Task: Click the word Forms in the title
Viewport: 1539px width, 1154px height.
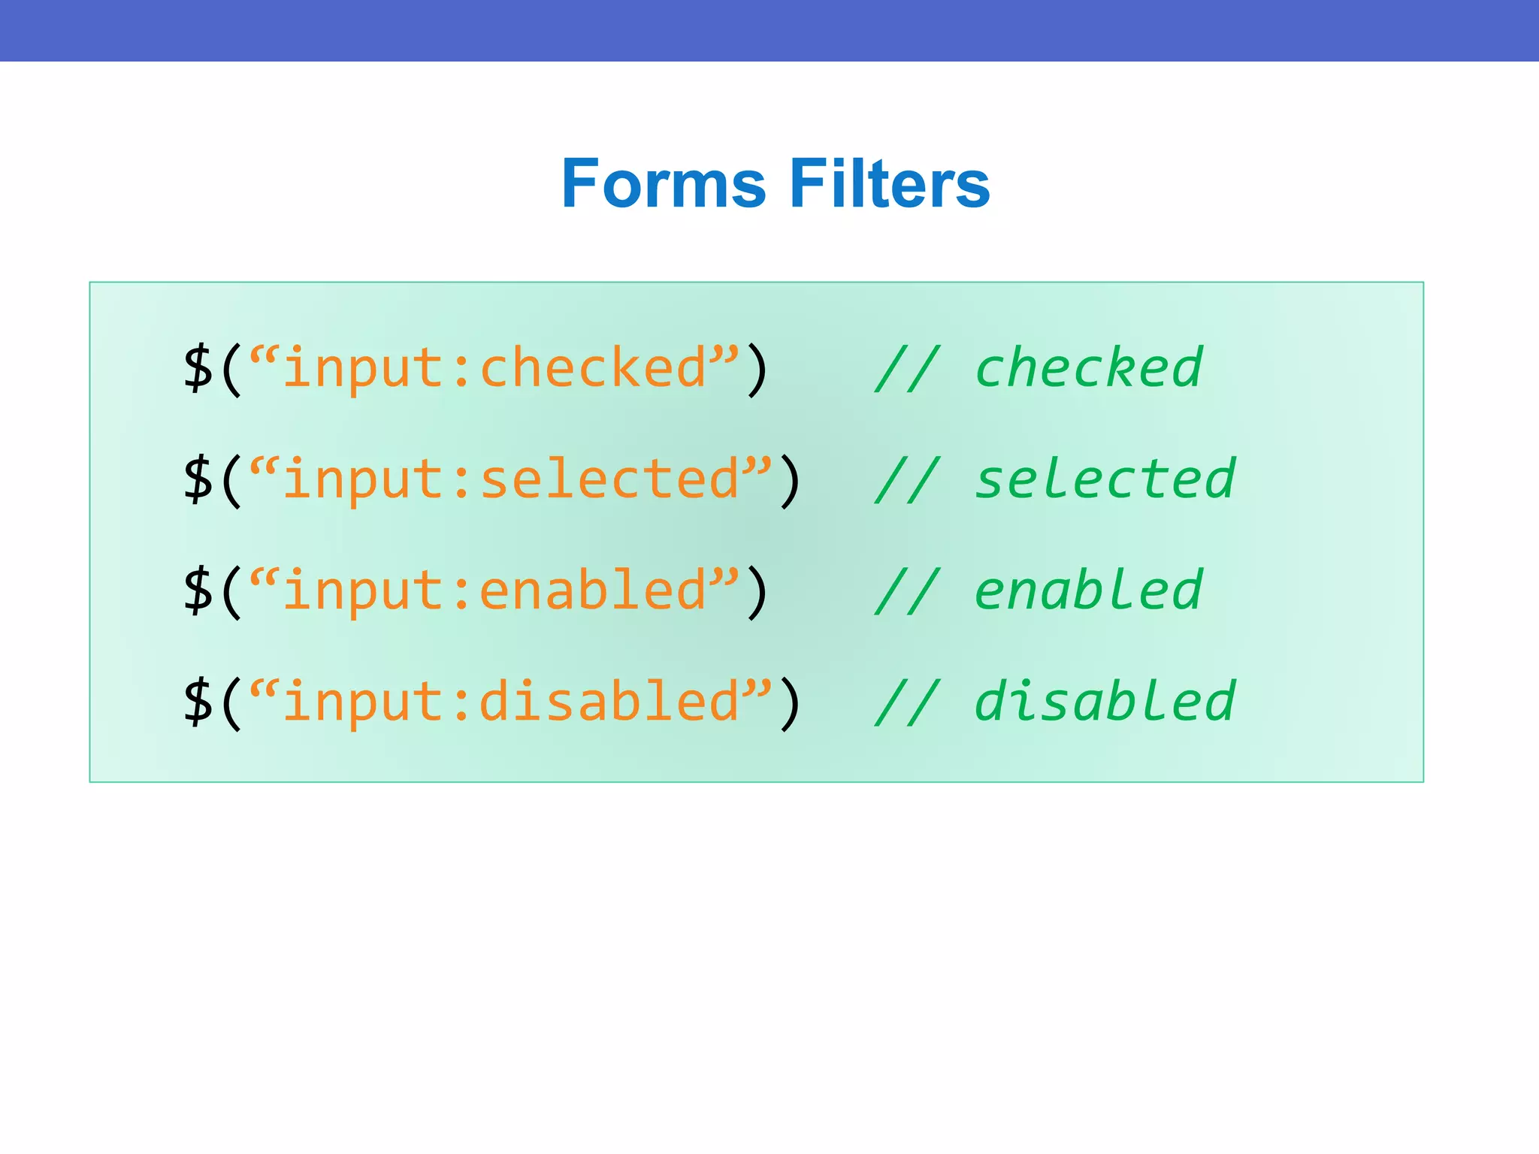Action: click(x=664, y=184)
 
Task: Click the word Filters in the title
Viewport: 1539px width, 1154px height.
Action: click(x=890, y=184)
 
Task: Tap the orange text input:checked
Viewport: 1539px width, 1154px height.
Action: click(x=494, y=368)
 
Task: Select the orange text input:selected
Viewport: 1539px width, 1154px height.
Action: click(x=511, y=479)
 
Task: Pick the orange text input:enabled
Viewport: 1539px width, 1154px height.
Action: click(x=494, y=591)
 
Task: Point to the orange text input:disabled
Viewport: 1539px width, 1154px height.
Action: click(x=511, y=702)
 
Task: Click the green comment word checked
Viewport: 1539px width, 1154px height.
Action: click(x=1089, y=368)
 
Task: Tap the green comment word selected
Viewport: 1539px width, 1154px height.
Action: click(x=1105, y=479)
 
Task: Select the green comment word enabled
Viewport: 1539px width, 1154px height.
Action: click(x=1089, y=591)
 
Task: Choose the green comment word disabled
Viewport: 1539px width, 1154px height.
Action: click(x=1105, y=702)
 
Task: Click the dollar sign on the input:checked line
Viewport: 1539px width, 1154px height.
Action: click(x=198, y=368)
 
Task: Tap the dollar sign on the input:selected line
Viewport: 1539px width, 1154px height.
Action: click(x=198, y=479)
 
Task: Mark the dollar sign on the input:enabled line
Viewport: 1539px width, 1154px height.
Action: click(x=198, y=591)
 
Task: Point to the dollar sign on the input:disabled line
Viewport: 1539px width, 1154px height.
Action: click(x=198, y=702)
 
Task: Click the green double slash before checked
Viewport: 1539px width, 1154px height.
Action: click(x=907, y=368)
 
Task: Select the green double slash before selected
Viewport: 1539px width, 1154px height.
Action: click(x=907, y=479)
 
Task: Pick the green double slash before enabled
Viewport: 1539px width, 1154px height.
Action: click(x=907, y=591)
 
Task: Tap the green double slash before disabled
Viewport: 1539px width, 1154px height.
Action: click(x=907, y=702)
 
